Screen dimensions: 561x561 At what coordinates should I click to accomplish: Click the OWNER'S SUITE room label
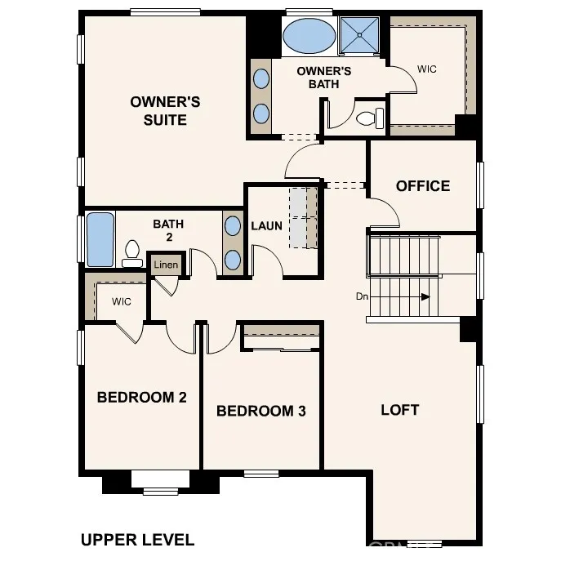click(165, 111)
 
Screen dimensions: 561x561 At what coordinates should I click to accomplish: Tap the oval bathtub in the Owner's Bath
click(309, 36)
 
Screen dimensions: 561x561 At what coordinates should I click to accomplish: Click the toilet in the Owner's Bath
click(368, 118)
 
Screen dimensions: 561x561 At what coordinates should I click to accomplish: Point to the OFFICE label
click(422, 186)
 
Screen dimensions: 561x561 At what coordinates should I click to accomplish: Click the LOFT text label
click(399, 409)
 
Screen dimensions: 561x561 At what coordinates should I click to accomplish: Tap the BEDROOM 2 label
click(141, 398)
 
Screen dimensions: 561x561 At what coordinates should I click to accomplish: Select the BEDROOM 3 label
click(260, 411)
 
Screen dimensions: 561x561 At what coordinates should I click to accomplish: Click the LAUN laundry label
click(266, 225)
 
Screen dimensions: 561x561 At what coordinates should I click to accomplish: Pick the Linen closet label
click(166, 265)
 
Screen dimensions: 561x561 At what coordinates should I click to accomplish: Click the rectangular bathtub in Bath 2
click(100, 240)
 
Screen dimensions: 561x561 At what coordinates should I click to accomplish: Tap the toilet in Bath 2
click(131, 253)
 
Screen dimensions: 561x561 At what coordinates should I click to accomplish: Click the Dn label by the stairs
click(363, 296)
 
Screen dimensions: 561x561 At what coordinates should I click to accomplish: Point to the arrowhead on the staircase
click(425, 297)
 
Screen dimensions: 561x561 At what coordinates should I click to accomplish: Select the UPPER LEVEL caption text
click(137, 540)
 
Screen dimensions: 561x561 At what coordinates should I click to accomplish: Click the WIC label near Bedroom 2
click(121, 302)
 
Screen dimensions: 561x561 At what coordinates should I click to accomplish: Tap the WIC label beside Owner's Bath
click(426, 69)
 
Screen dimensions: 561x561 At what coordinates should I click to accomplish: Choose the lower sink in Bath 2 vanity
click(233, 260)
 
